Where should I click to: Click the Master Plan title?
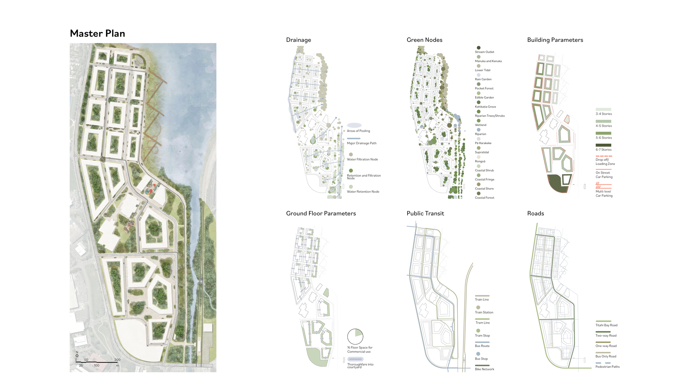click(x=98, y=33)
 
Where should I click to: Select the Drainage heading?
click(x=298, y=40)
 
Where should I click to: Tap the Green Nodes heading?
click(x=424, y=40)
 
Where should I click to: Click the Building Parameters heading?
click(x=555, y=40)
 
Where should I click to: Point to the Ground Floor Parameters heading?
click(x=321, y=213)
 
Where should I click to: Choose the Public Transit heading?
click(x=425, y=213)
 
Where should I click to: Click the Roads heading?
click(x=536, y=213)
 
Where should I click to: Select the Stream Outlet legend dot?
click(x=478, y=48)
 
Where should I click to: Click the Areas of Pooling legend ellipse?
click(x=354, y=125)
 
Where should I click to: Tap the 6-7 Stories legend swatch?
click(x=603, y=145)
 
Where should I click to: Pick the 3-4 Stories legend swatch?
click(x=603, y=109)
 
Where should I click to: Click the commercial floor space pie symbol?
click(x=355, y=337)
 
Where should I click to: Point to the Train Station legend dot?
click(x=478, y=307)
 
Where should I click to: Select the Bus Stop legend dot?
click(x=478, y=354)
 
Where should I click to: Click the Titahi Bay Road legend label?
click(x=606, y=325)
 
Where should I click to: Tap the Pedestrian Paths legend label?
click(x=607, y=367)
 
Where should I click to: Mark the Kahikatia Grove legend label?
click(x=485, y=107)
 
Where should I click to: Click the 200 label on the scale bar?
click(x=117, y=360)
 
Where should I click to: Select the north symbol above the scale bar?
click(x=77, y=354)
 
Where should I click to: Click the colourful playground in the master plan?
click(x=151, y=189)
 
